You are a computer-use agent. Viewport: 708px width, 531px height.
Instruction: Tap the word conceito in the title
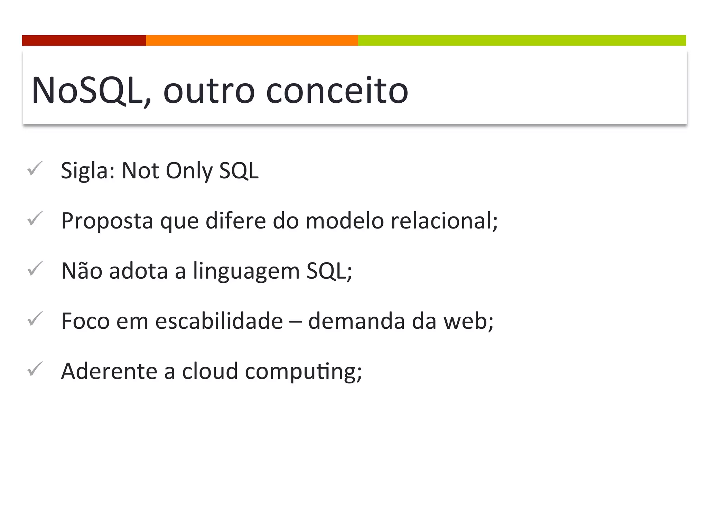337,91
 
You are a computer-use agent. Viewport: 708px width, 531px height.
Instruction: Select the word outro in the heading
209,91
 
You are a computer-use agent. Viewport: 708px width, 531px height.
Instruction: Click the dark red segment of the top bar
84,40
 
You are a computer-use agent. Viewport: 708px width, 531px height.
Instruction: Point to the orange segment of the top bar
252,40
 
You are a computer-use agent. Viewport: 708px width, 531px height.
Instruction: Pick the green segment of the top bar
522,40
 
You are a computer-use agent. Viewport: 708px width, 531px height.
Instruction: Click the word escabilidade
219,321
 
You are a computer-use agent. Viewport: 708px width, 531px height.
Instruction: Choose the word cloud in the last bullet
210,371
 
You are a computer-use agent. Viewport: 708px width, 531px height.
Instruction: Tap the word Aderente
109,371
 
